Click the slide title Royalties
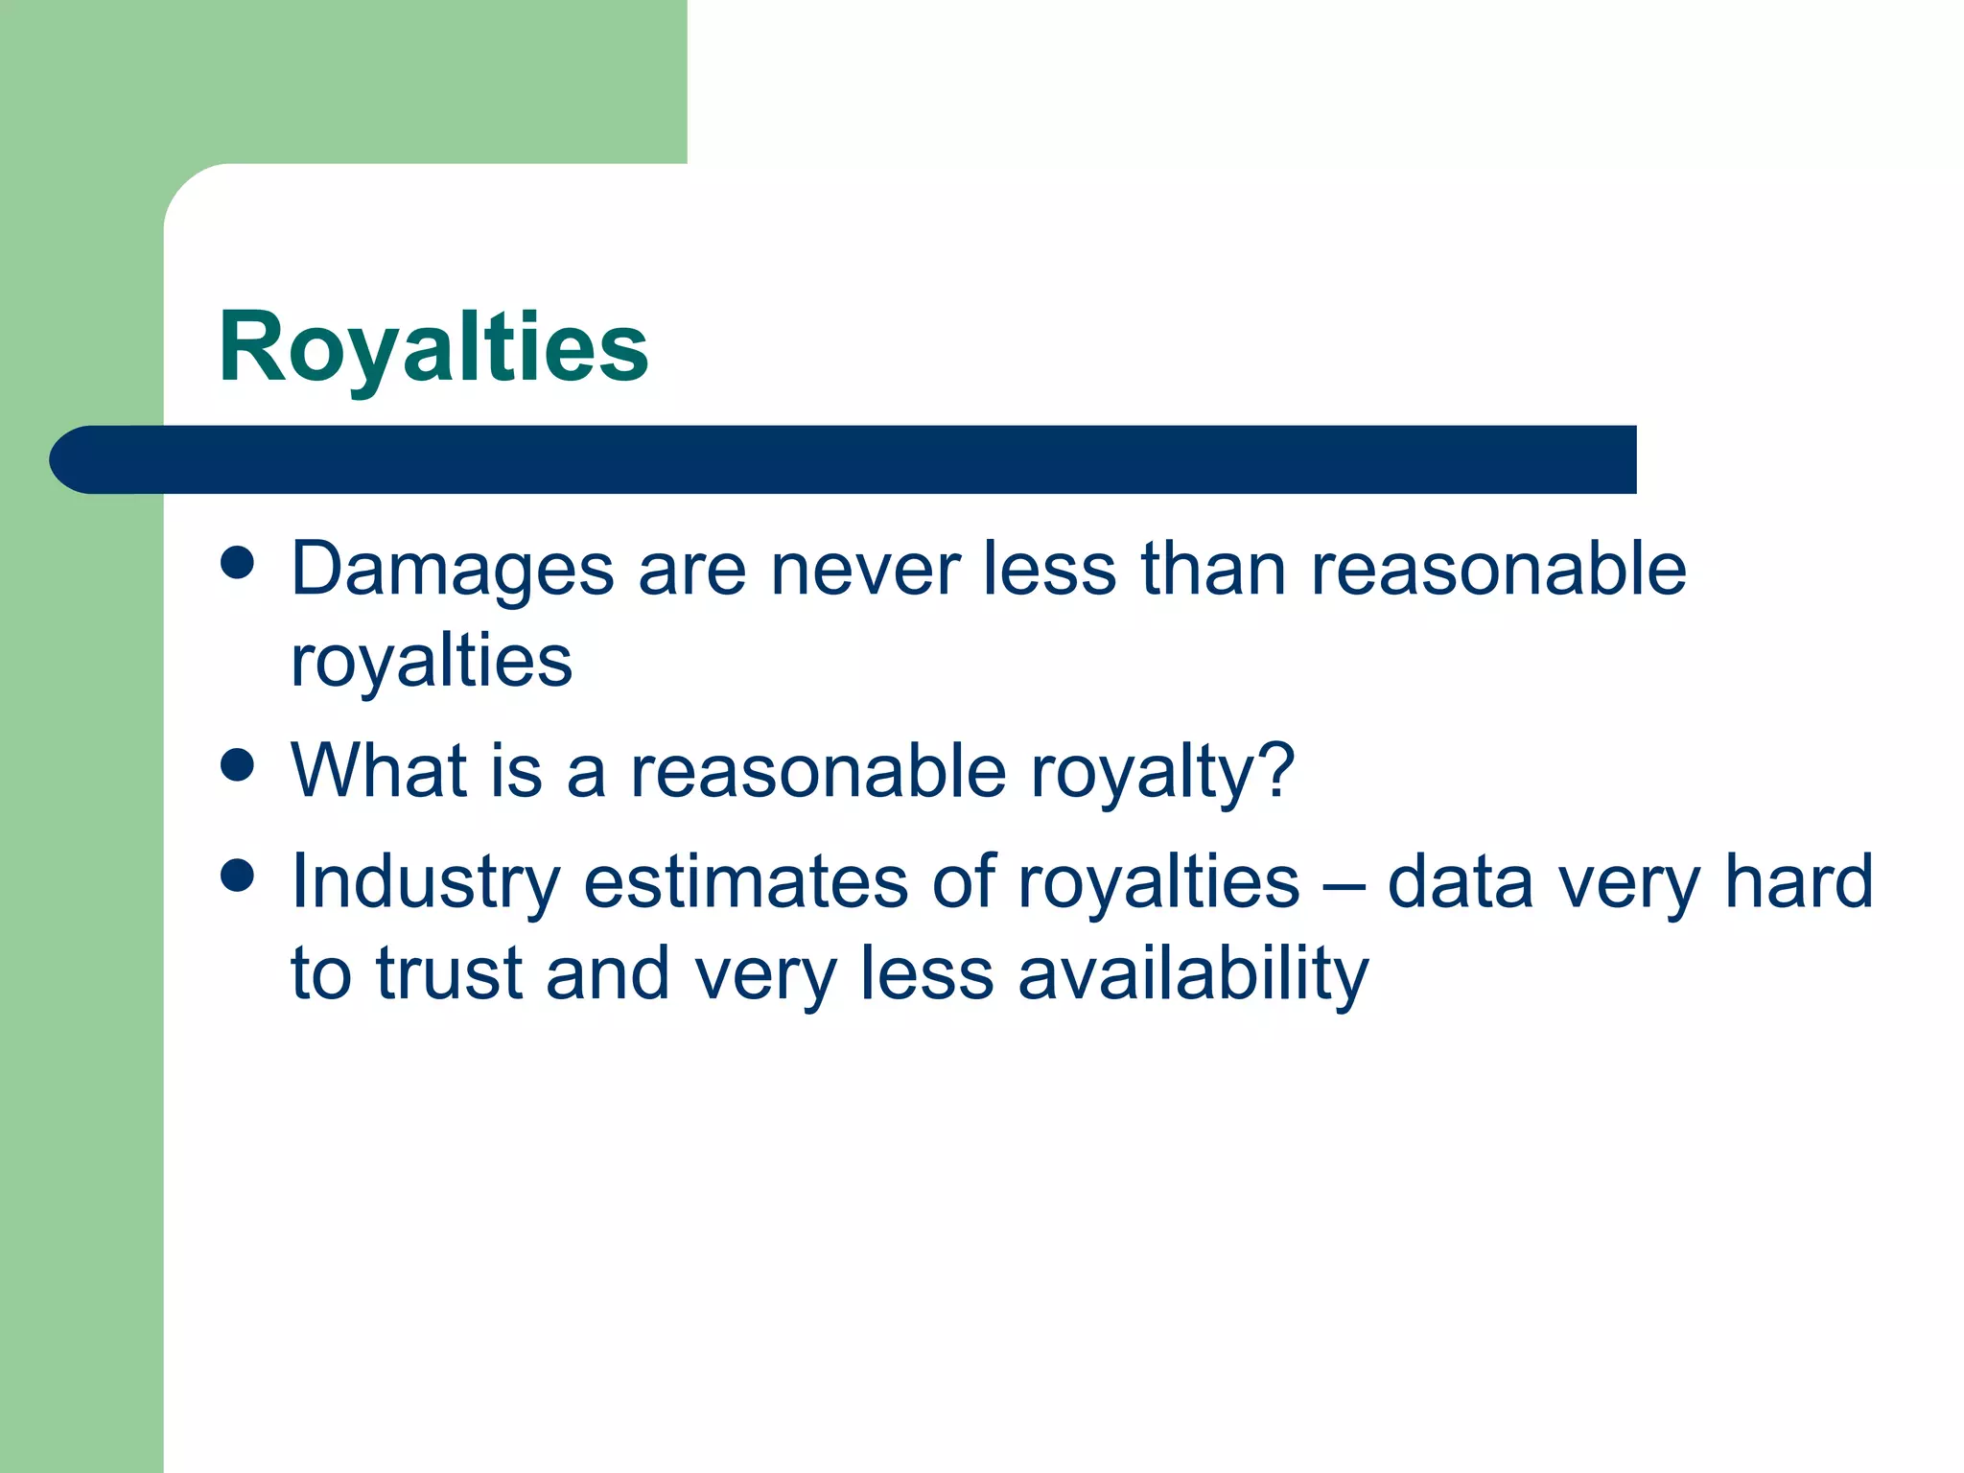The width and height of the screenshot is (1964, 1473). (x=433, y=347)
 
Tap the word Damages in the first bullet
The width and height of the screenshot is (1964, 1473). (x=452, y=571)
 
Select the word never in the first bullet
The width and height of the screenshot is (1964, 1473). (x=864, y=571)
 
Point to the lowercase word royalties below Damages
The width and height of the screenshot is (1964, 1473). (x=432, y=662)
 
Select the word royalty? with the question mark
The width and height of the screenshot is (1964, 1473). (x=1162, y=772)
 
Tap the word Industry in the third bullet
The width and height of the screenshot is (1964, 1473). (x=425, y=882)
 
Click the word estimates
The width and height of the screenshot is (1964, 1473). (x=745, y=882)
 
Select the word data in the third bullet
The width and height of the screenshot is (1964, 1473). (x=1460, y=882)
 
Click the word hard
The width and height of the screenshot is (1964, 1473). (x=1798, y=882)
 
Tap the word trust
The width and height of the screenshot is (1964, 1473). (x=448, y=973)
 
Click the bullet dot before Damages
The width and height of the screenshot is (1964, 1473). (x=237, y=564)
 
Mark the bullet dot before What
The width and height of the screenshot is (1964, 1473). (x=237, y=765)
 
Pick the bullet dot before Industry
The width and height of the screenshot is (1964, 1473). (x=237, y=876)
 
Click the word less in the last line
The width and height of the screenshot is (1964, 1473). (x=926, y=973)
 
